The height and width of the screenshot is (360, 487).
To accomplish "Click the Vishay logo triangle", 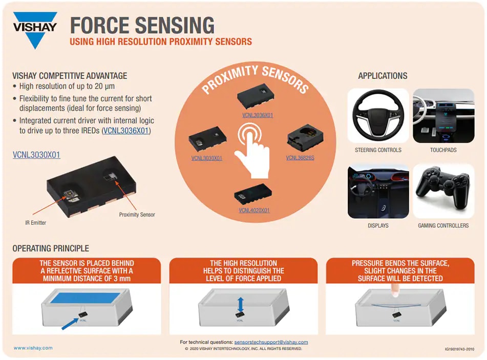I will click(35, 37).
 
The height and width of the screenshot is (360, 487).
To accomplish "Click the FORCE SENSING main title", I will click(142, 25).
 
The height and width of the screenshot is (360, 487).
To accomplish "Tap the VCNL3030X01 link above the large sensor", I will click(36, 154).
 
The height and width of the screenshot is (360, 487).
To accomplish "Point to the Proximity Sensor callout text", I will click(137, 215).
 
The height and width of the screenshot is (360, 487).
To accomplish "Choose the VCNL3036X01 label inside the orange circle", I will click(258, 115).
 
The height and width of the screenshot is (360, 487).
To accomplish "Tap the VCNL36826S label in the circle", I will click(300, 158).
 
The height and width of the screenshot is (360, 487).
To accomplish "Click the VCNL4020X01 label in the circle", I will click(254, 210).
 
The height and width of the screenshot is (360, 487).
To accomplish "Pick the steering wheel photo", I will click(378, 116).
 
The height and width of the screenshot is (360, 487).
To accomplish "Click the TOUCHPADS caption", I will click(443, 150).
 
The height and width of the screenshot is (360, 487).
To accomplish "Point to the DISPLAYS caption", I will click(378, 225).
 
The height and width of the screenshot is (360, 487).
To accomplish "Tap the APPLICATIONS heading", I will click(383, 76).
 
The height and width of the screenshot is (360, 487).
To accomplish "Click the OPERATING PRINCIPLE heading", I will click(51, 249).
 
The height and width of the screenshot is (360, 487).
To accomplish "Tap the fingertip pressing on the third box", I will click(395, 291).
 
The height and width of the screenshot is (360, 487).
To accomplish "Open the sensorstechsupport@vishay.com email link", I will click(271, 342).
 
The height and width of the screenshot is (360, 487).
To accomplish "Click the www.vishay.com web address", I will click(33, 348).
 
